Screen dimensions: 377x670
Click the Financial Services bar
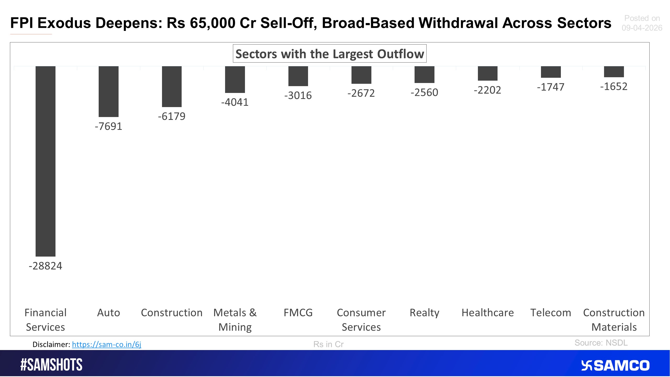click(x=46, y=161)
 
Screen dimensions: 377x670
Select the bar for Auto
click(x=109, y=91)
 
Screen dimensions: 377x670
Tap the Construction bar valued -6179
click(x=172, y=86)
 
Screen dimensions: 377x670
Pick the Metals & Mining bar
click(x=235, y=79)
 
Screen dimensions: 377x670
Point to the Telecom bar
click(x=551, y=72)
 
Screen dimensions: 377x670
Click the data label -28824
click(x=46, y=266)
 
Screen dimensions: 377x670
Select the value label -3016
click(x=298, y=96)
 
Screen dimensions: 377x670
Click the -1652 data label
click(x=614, y=87)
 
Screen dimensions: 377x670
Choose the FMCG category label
click(x=298, y=313)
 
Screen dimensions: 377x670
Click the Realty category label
click(x=424, y=313)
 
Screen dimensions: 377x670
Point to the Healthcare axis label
click(x=488, y=313)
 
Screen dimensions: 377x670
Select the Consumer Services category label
click(x=361, y=320)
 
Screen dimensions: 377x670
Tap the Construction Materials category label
click(x=614, y=320)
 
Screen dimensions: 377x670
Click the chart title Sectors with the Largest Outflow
click(x=330, y=54)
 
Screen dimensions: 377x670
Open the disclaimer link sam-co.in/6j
click(x=107, y=344)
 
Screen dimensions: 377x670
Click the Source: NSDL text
click(x=601, y=343)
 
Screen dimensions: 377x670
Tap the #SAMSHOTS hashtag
click(x=51, y=365)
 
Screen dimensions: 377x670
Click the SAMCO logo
click(x=615, y=365)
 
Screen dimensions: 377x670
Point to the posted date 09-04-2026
click(x=642, y=28)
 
